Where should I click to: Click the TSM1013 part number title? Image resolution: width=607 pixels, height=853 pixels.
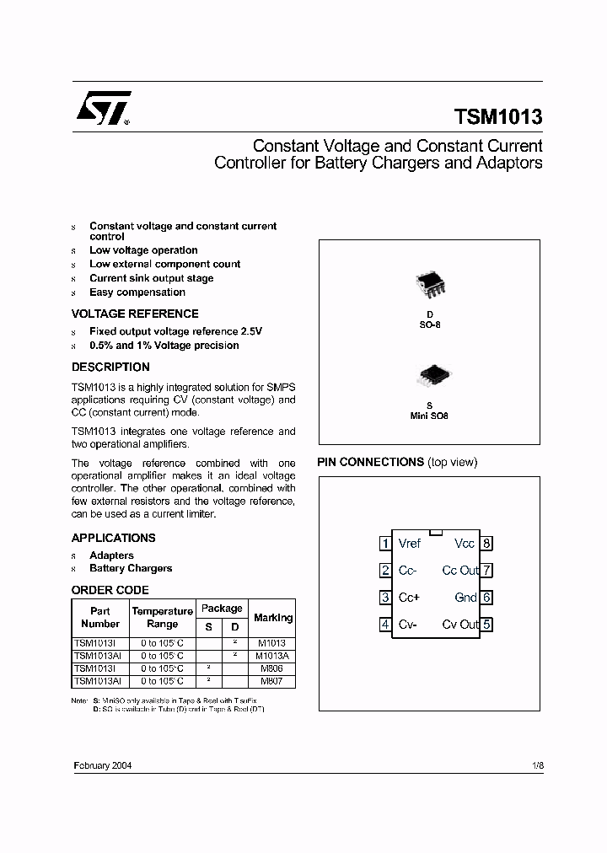(x=498, y=117)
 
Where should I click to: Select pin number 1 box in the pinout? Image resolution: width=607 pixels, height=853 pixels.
(x=385, y=544)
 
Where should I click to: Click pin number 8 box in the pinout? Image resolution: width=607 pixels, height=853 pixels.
(x=486, y=544)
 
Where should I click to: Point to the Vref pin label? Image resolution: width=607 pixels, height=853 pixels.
(x=410, y=544)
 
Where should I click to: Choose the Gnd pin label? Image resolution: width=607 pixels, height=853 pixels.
(x=465, y=598)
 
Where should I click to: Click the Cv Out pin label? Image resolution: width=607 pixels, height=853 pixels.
(x=460, y=625)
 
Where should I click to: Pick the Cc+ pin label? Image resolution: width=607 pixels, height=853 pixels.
(x=409, y=598)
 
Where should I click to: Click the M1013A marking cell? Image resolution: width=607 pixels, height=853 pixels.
(x=273, y=656)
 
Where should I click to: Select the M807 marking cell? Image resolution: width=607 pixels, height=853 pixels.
(x=273, y=681)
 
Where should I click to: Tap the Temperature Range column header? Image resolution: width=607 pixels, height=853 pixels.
(x=162, y=618)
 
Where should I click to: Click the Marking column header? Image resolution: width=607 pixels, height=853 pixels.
(x=273, y=618)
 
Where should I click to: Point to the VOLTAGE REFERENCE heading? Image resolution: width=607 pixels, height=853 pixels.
(x=135, y=314)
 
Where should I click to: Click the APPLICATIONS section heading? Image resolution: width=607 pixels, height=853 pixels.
(x=113, y=538)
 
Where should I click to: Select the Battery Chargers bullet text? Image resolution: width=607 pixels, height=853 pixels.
(x=131, y=568)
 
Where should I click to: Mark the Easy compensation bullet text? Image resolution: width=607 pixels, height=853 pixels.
(x=137, y=292)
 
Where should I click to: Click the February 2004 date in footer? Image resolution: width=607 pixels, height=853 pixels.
(x=102, y=766)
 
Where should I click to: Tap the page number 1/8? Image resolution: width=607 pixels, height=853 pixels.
(x=538, y=766)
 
